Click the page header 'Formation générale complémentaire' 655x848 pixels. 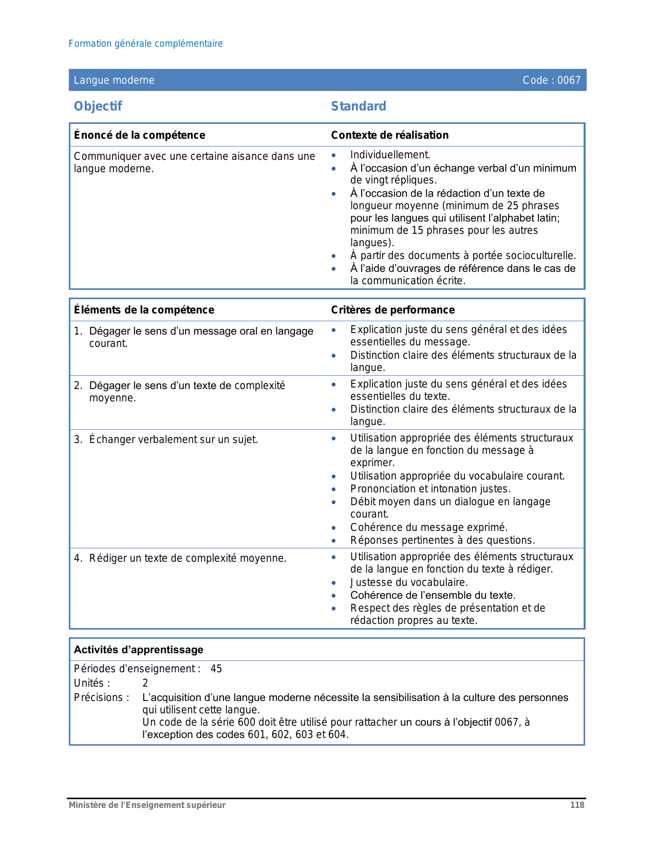[x=145, y=44]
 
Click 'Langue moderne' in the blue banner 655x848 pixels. [x=114, y=80]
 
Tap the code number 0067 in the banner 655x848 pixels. [x=569, y=80]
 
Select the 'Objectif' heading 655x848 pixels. [x=98, y=106]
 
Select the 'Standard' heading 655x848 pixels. [x=359, y=106]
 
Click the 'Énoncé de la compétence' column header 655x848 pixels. [x=139, y=135]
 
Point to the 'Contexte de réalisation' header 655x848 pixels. [x=389, y=135]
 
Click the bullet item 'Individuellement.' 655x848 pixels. [x=390, y=155]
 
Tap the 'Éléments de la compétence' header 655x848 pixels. [x=144, y=310]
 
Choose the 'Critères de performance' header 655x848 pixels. [x=392, y=310]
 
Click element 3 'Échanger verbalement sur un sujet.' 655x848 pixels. [x=173, y=440]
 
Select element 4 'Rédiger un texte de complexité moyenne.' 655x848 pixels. [x=188, y=559]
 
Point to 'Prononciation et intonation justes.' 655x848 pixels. [x=430, y=489]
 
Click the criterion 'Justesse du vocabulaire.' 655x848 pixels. [x=409, y=583]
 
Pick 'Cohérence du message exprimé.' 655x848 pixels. [x=428, y=528]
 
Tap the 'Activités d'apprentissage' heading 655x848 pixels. [x=138, y=650]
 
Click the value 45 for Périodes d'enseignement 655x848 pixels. [x=216, y=669]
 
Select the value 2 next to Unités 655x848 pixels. [x=145, y=684]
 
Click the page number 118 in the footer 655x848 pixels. [x=577, y=805]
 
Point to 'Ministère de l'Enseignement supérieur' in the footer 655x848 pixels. [x=147, y=805]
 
